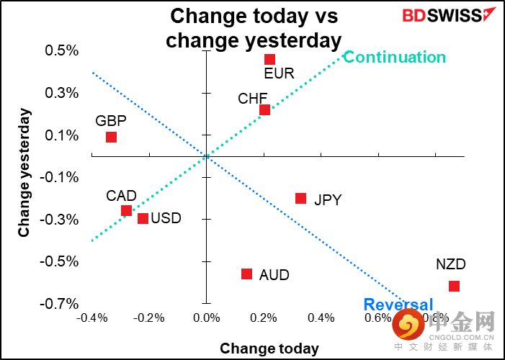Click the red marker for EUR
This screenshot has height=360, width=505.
[x=269, y=59]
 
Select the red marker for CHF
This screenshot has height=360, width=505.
[x=264, y=109]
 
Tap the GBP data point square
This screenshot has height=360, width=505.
[x=111, y=137]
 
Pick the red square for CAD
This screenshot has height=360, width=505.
[x=126, y=210]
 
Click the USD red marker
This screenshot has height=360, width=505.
[x=143, y=218]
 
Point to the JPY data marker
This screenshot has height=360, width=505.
[x=300, y=198]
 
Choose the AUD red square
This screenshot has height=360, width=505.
[x=246, y=274]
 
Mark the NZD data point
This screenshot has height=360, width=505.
[x=454, y=286]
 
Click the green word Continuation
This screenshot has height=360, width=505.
[x=394, y=58]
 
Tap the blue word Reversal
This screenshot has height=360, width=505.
[x=398, y=305]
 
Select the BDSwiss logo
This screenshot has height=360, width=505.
[x=439, y=15]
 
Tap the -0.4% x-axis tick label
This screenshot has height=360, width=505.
[x=92, y=318]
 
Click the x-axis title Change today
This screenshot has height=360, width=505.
[x=269, y=348]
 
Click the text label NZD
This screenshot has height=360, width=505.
[x=451, y=264]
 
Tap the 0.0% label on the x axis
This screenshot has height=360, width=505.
[x=207, y=318]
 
